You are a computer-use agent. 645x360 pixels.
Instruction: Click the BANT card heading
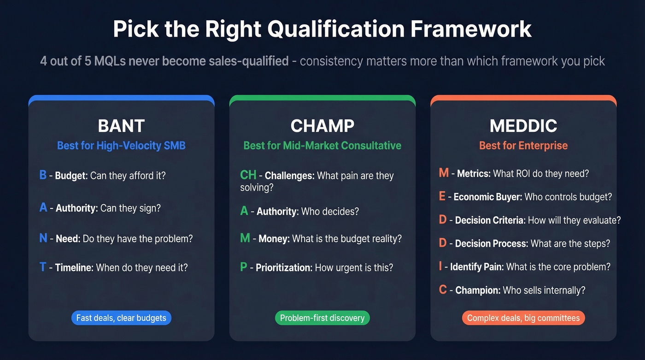[x=121, y=126]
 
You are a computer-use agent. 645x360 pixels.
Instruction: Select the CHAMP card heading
[x=322, y=126]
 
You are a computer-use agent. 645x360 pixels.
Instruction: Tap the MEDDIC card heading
[x=523, y=126]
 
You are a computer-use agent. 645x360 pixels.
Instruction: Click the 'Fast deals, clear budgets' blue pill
[x=121, y=318]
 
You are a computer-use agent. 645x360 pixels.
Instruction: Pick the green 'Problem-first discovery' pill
[x=322, y=318]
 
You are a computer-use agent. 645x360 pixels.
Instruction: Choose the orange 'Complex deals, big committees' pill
[x=523, y=318]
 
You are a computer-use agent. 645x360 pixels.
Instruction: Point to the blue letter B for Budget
[x=43, y=175]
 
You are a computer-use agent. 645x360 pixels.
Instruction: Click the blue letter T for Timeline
[x=42, y=267]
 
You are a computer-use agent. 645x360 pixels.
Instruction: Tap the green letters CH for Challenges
[x=248, y=175]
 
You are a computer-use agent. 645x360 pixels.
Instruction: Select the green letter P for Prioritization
[x=244, y=267]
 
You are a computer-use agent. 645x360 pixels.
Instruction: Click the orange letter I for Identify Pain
[x=441, y=266]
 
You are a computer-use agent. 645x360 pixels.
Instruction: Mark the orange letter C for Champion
[x=443, y=290]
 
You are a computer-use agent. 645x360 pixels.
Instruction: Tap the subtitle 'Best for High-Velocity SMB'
[x=121, y=146]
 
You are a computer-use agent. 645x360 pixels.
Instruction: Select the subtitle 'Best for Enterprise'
[x=523, y=146]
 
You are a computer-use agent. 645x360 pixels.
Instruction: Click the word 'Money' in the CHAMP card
[x=273, y=239]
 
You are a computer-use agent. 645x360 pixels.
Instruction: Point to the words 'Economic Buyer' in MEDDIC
[x=487, y=197]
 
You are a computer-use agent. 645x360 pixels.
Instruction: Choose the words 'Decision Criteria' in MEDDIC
[x=489, y=220]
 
